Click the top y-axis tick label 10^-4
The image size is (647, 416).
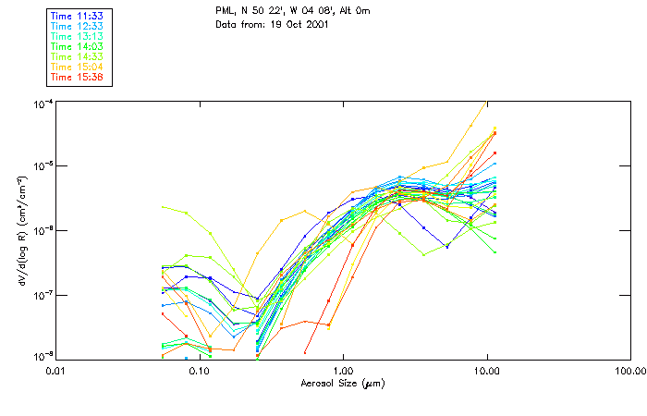click(43, 103)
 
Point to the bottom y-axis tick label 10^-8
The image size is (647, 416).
click(43, 356)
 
